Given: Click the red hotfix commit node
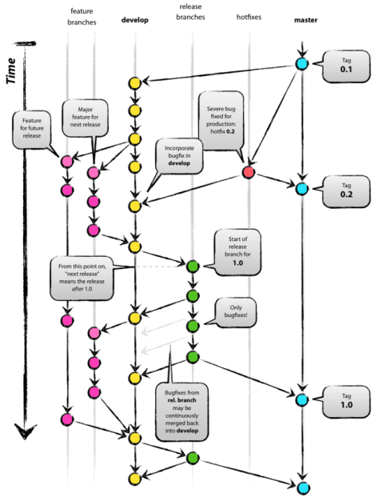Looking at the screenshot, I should pos(249,173).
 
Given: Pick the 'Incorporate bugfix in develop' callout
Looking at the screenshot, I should pos(180,154).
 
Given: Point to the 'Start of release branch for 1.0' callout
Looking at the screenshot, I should pos(239,251).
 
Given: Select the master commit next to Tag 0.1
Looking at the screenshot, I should pos(301,63).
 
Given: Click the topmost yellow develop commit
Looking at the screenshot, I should pos(135,83).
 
